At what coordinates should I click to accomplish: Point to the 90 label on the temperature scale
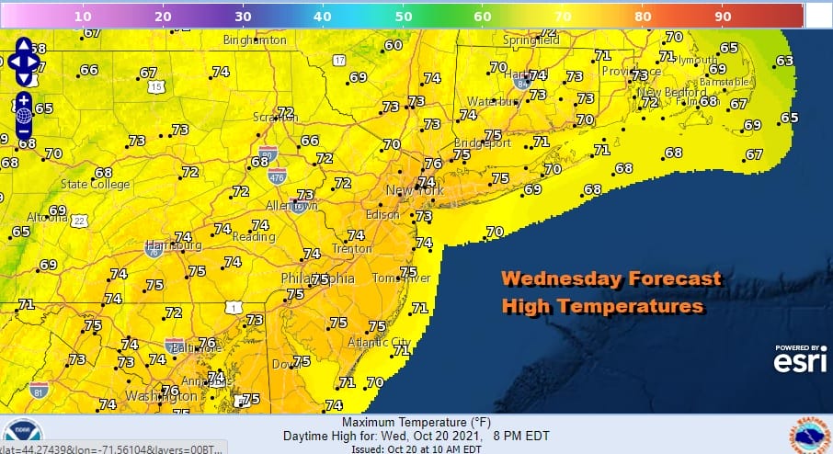point(723,16)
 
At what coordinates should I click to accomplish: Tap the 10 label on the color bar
point(82,16)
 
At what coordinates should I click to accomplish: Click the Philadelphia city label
point(318,278)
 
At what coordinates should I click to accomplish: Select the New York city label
point(415,190)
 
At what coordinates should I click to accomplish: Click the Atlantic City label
point(380,341)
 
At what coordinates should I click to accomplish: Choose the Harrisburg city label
point(173,246)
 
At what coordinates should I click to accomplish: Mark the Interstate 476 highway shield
point(277,174)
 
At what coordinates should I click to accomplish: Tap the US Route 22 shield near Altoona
point(81,221)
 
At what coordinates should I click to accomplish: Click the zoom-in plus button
point(24,99)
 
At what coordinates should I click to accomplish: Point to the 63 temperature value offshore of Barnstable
point(784,62)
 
